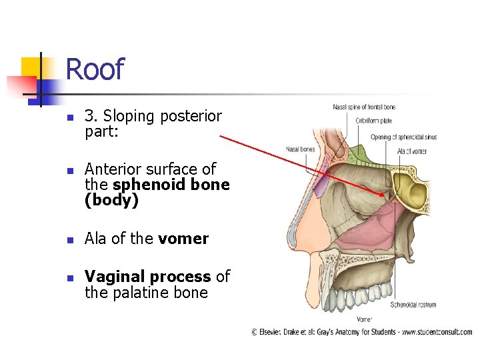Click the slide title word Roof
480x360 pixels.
click(95, 69)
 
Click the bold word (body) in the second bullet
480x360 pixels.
click(111, 201)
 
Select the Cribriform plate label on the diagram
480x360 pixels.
click(373, 121)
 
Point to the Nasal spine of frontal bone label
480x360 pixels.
click(364, 107)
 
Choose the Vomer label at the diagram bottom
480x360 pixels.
click(363, 320)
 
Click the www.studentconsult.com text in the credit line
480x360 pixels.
click(438, 331)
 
